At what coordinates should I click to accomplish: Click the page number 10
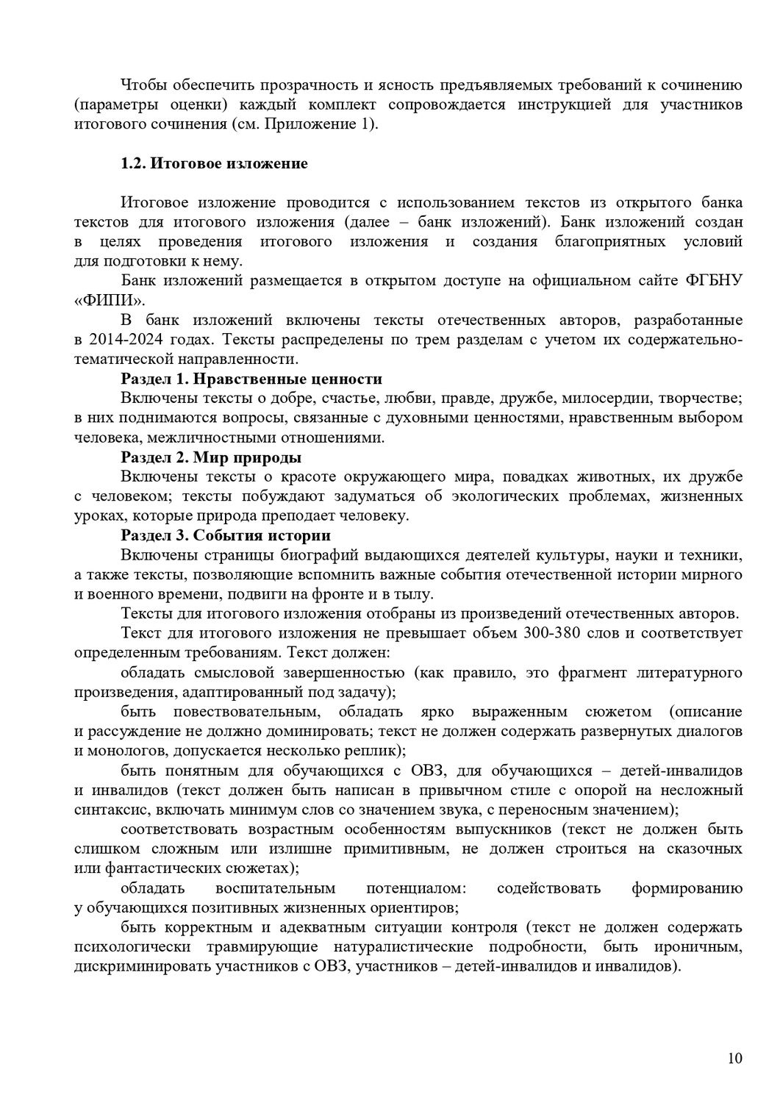pos(734,1058)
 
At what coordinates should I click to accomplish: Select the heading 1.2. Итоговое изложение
pos(214,163)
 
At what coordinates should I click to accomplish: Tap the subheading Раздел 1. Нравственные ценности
pos(251,379)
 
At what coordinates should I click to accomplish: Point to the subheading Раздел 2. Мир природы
pos(211,457)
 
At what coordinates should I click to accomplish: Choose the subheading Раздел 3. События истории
pos(226,535)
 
